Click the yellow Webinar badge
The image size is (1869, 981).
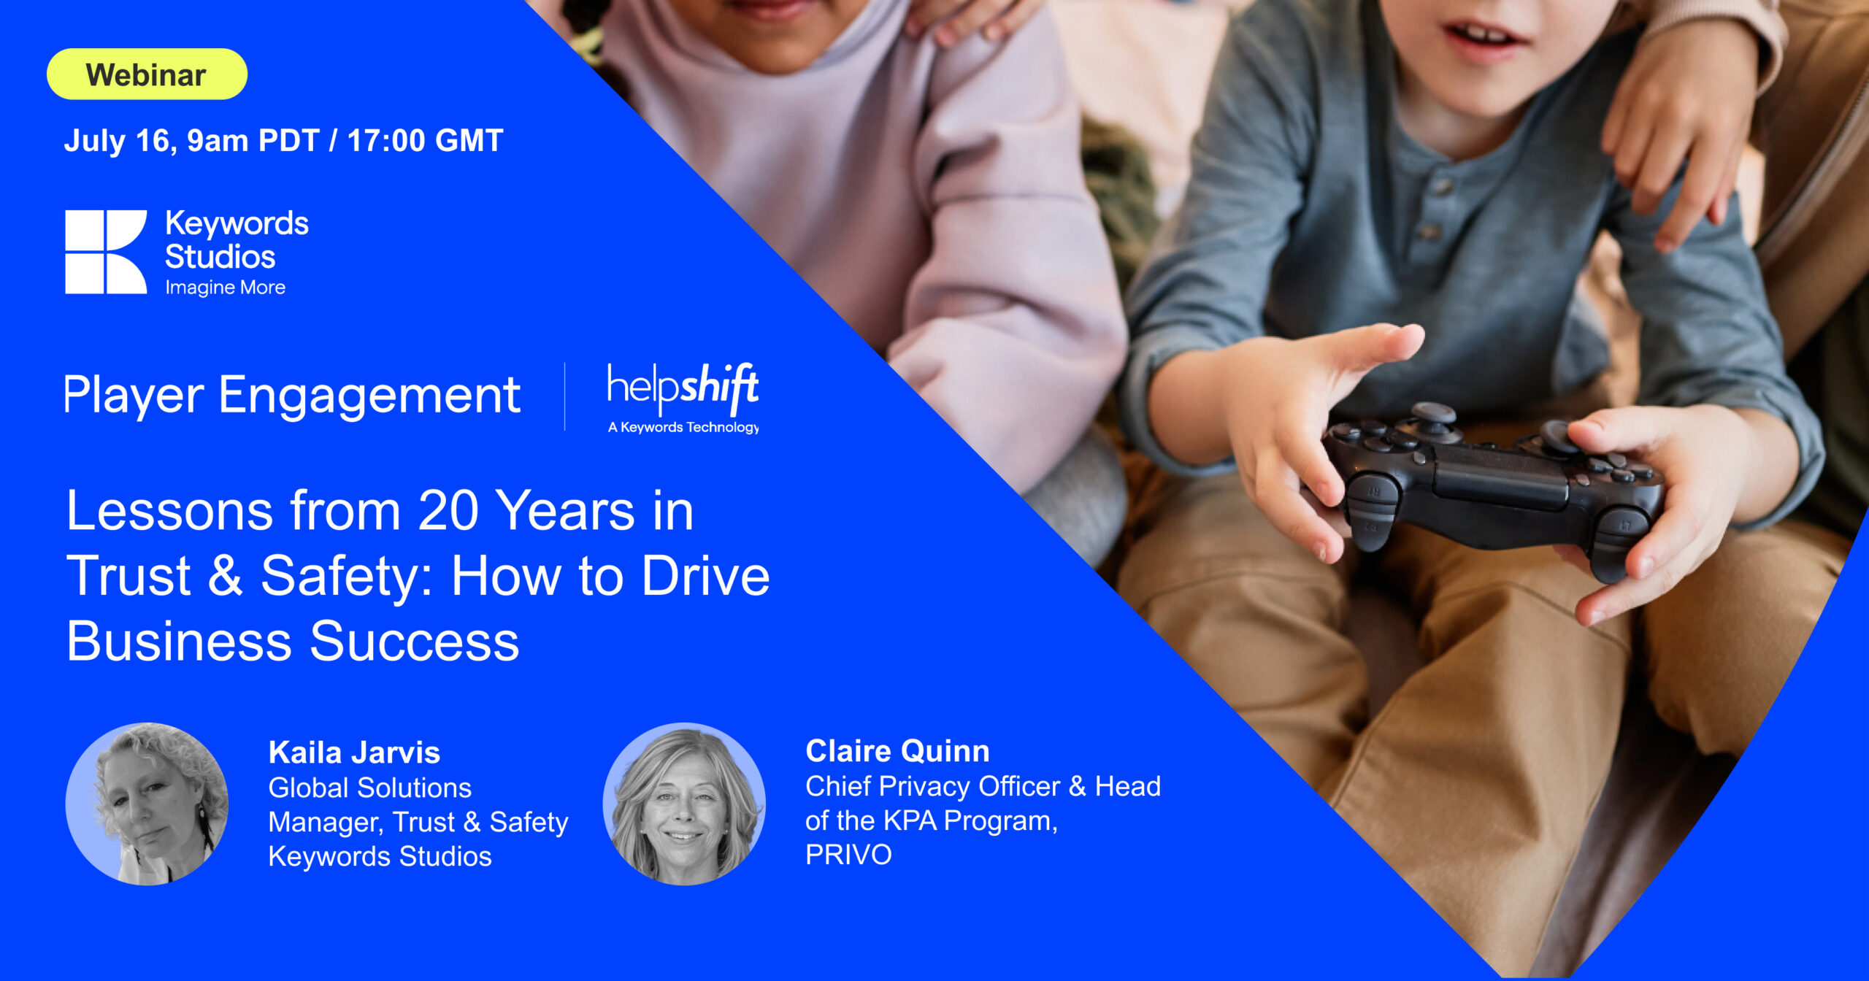click(147, 74)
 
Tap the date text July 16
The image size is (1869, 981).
click(120, 141)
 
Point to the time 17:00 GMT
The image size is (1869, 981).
click(425, 140)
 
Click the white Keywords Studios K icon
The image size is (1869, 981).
click(106, 252)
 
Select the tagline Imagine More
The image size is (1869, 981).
click(225, 288)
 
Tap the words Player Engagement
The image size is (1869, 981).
click(292, 396)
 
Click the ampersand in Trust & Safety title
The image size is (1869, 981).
click(225, 575)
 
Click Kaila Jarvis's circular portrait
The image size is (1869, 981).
click(147, 804)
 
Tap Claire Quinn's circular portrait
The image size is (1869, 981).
click(684, 804)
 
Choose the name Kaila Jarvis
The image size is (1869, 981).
click(354, 753)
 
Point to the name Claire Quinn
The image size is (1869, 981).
click(897, 751)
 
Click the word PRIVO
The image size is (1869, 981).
click(848, 855)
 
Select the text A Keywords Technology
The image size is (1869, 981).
click(683, 428)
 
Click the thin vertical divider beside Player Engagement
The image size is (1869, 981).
click(565, 396)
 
